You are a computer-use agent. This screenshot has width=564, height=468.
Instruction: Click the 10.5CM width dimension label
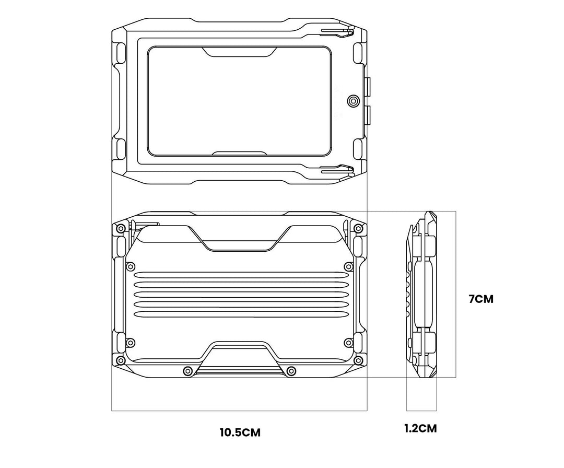click(240, 432)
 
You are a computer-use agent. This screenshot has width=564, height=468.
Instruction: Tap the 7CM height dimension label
click(481, 299)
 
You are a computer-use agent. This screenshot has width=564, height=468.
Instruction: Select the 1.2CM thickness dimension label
click(420, 428)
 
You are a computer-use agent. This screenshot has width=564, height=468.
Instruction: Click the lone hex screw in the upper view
click(353, 101)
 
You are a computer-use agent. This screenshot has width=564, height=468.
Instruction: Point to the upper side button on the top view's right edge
click(368, 86)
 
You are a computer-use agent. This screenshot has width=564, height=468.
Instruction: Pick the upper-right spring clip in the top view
click(337, 32)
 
